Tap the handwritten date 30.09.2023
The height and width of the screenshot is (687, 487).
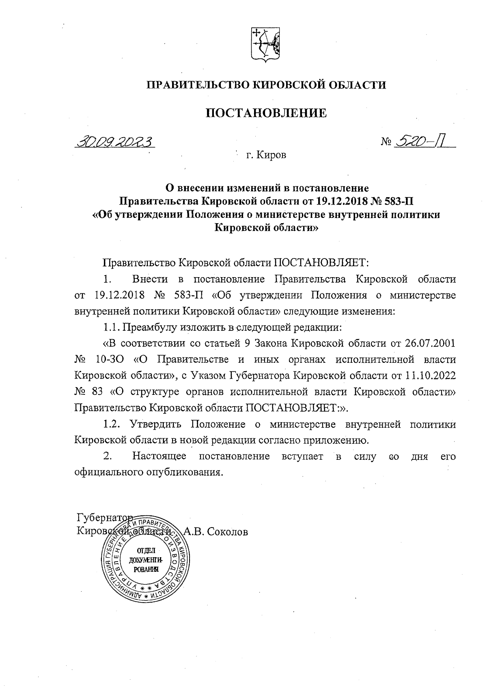tap(116, 142)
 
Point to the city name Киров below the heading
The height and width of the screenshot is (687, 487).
tap(272, 155)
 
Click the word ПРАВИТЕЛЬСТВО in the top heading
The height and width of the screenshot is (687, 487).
tap(196, 85)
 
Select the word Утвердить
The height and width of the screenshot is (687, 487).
tap(156, 424)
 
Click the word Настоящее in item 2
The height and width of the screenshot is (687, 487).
tap(159, 457)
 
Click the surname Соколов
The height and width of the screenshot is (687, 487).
tap(227, 532)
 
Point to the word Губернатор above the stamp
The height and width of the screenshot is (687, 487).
tap(104, 518)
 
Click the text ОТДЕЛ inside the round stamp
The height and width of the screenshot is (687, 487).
tap(142, 551)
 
